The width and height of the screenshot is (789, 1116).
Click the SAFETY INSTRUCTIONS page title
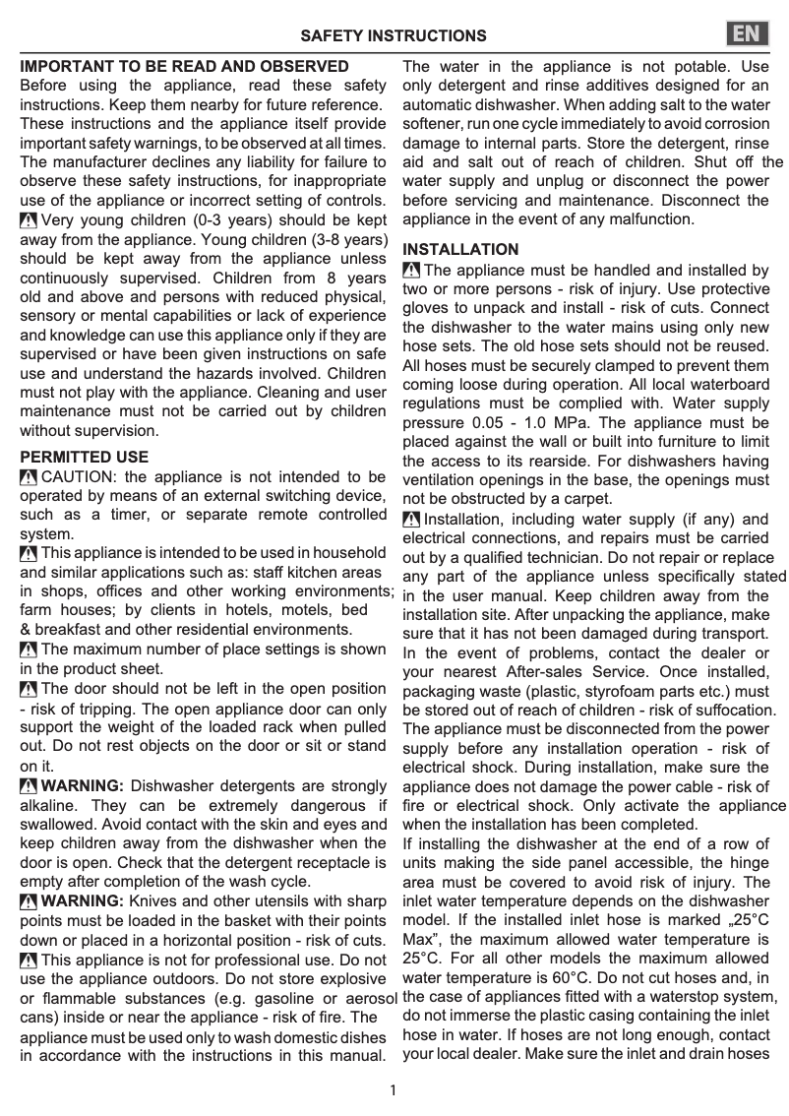point(394,36)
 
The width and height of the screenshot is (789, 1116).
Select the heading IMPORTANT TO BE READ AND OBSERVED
point(185,67)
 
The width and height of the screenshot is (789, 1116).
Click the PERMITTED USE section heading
point(85,458)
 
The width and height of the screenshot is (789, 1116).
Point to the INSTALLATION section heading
point(460,250)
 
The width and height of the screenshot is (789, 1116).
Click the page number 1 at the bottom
point(394,1089)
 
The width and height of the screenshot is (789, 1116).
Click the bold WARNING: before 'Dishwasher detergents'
point(83,785)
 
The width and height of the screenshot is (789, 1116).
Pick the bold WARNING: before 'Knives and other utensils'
point(83,900)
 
